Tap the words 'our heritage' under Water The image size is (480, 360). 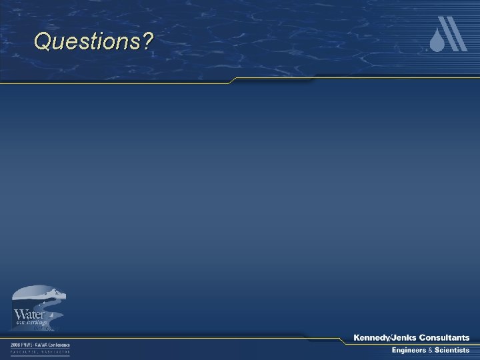(x=31, y=323)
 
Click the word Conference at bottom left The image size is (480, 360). (x=62, y=345)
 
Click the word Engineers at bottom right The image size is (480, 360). (x=409, y=351)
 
